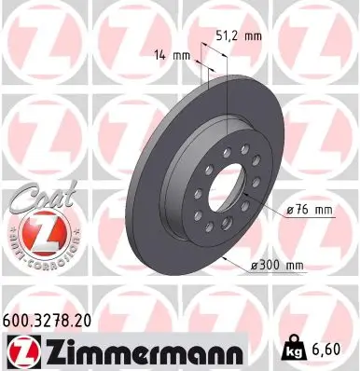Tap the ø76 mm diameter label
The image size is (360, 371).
coord(309,210)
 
